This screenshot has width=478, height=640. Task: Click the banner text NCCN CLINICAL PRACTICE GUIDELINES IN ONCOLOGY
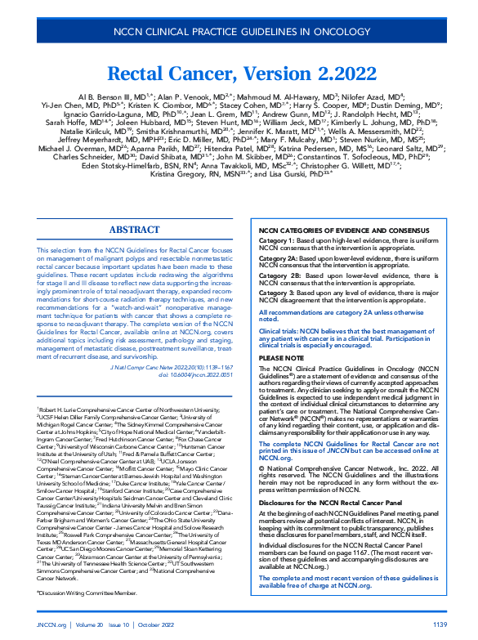click(239, 34)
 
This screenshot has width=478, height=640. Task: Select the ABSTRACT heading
click(134, 207)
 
